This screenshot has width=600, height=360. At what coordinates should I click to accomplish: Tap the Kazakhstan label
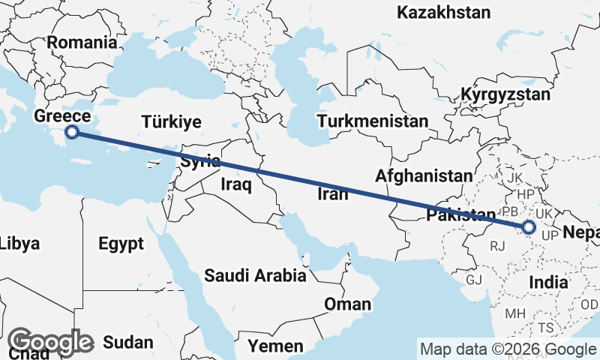pyautogui.click(x=444, y=13)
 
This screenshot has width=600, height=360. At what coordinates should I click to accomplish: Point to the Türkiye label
pyautogui.click(x=172, y=121)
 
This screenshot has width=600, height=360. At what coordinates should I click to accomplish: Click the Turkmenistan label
pyautogui.click(x=372, y=121)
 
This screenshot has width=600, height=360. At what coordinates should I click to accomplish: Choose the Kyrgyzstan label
pyautogui.click(x=505, y=95)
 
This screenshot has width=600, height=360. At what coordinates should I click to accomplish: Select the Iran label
pyautogui.click(x=333, y=195)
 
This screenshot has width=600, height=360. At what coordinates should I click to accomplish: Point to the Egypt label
pyautogui.click(x=120, y=244)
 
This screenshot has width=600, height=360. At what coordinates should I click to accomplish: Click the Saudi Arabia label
pyautogui.click(x=256, y=275)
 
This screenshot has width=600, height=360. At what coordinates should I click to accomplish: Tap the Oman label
pyautogui.click(x=347, y=304)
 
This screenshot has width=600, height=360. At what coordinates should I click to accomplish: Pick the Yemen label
pyautogui.click(x=277, y=346)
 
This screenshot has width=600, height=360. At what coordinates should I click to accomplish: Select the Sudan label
pyautogui.click(x=128, y=343)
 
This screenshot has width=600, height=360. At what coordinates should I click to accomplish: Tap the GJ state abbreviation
pyautogui.click(x=474, y=280)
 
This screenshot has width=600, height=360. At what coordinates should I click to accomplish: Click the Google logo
pyautogui.click(x=50, y=343)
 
